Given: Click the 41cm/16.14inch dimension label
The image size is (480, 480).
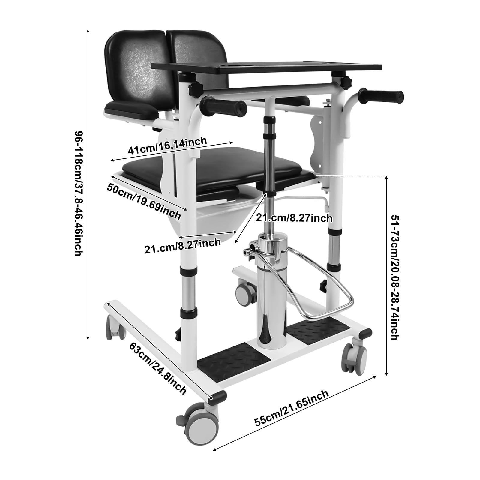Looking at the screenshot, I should coord(167,145).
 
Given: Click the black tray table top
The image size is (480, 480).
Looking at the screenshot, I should coord(267,68).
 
